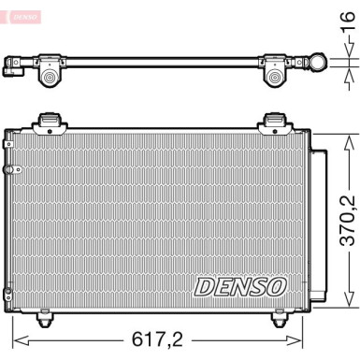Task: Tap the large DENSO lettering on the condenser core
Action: [239, 286]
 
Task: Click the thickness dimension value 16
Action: [347, 40]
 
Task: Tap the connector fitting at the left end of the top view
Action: [13, 66]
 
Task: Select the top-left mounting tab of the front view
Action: [48, 119]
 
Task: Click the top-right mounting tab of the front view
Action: [274, 119]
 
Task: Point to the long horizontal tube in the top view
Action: [159, 63]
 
